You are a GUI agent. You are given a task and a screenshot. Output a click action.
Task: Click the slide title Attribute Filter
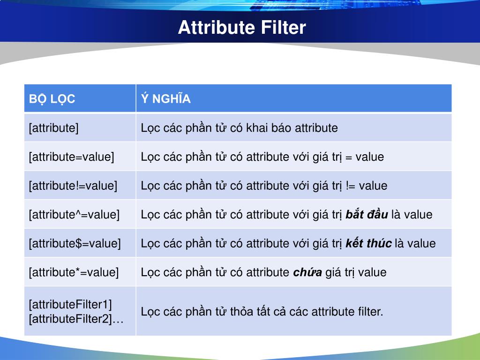pyautogui.click(x=241, y=28)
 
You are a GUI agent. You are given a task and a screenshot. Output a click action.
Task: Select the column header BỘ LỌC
pyautogui.click(x=52, y=99)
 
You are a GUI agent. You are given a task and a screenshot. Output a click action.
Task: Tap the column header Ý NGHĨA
pyautogui.click(x=165, y=99)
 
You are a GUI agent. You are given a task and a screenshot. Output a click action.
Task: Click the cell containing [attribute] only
pyautogui.click(x=54, y=128)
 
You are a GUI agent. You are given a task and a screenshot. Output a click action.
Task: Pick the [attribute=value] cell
pyautogui.click(x=71, y=157)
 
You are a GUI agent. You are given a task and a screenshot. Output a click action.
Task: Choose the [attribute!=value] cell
pyautogui.click(x=73, y=186)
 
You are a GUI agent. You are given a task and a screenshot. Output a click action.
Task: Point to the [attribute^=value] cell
pyautogui.click(x=74, y=215)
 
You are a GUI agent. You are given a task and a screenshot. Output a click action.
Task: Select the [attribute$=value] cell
pyautogui.click(x=75, y=244)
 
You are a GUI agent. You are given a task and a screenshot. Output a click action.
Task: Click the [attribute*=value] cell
pyautogui.click(x=74, y=272)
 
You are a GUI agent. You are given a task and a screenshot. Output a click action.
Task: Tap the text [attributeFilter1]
pyautogui.click(x=70, y=305)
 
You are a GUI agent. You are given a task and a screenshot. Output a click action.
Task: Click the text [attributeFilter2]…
pyautogui.click(x=76, y=319)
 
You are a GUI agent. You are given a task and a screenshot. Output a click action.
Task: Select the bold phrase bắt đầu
pyautogui.click(x=367, y=215)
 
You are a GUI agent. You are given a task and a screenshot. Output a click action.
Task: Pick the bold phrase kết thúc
pyautogui.click(x=368, y=244)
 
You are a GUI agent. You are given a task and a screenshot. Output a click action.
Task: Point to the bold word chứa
pyautogui.click(x=307, y=272)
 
